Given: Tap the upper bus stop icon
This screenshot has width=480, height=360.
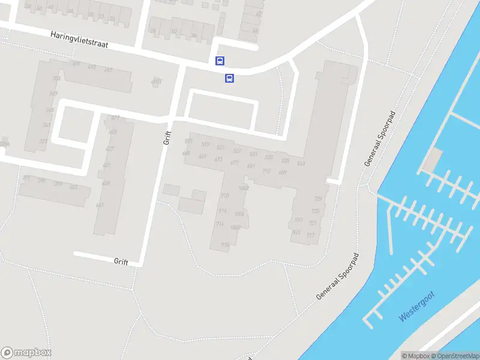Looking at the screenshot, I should pyautogui.click(x=220, y=61).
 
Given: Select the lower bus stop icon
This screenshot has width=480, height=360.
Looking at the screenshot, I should pyautogui.click(x=229, y=78).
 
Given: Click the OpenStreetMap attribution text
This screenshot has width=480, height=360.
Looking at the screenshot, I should pyautogui.click(x=455, y=356).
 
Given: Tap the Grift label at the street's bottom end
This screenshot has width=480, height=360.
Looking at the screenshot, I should pyautogui.click(x=121, y=261).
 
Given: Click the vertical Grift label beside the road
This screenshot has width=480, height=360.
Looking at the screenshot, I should pyautogui.click(x=167, y=138).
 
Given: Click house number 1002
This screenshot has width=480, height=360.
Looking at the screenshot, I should pyautogui.click(x=244, y=188).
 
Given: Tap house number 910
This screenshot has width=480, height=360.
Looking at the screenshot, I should pyautogui.click(x=225, y=244).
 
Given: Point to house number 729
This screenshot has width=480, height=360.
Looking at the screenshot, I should pyautogui.click(x=317, y=199).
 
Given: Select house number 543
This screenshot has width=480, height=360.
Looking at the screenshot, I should pyautogui.click(x=301, y=164).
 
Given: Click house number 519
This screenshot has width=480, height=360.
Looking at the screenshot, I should pyautogui.click(x=205, y=145).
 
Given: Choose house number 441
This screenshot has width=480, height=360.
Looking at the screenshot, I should pyautogui.click(x=100, y=205).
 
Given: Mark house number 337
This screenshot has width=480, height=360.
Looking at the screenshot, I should pyautogui.click(x=43, y=142).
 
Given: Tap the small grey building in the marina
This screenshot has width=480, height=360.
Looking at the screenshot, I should pyautogui.click(x=432, y=160).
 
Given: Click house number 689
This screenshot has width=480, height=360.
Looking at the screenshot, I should pyautogui.click(x=283, y=172).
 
